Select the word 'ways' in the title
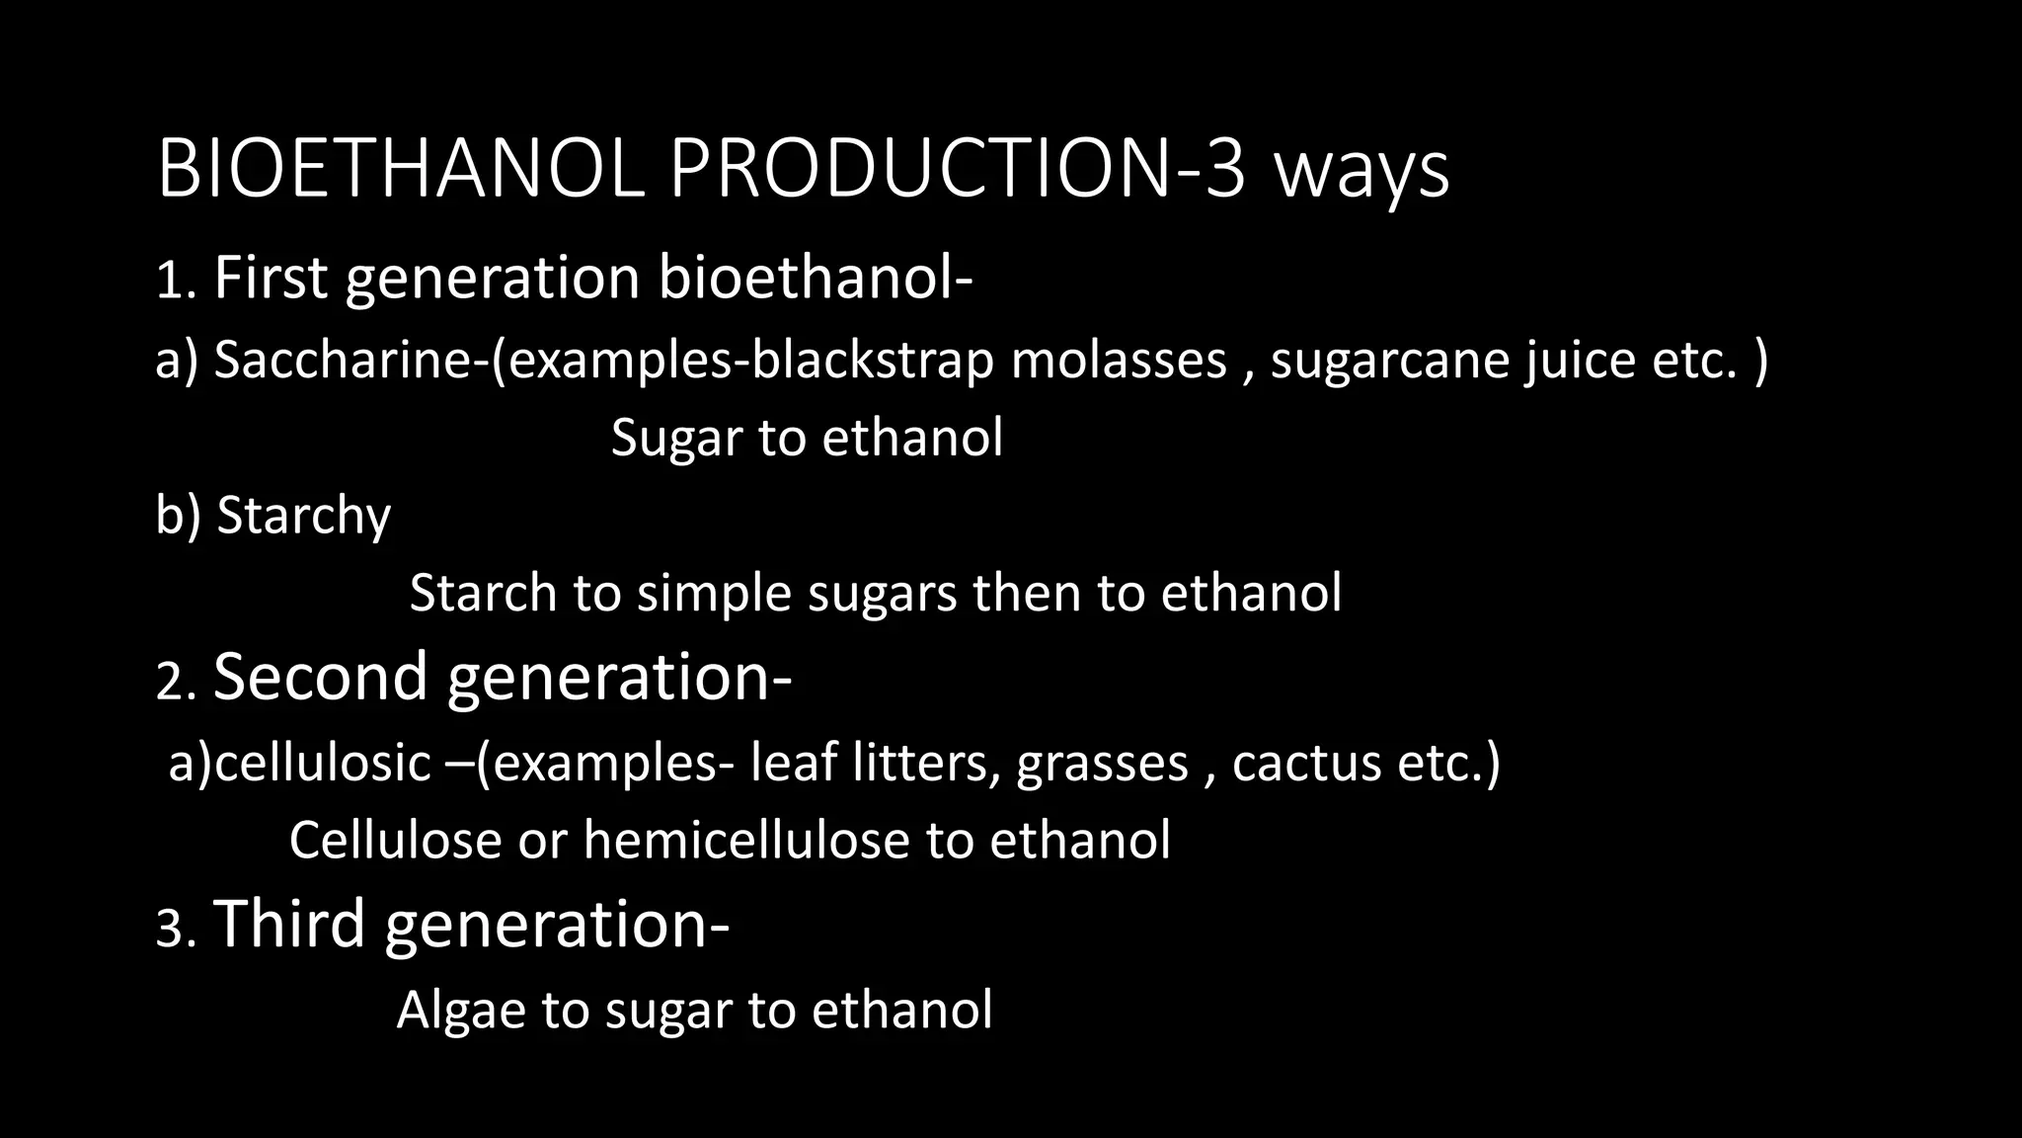(x=1361, y=174)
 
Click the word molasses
(x=1119, y=359)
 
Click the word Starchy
(x=303, y=517)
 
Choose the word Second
(x=320, y=677)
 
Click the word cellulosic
(x=323, y=763)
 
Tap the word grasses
(x=1102, y=765)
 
